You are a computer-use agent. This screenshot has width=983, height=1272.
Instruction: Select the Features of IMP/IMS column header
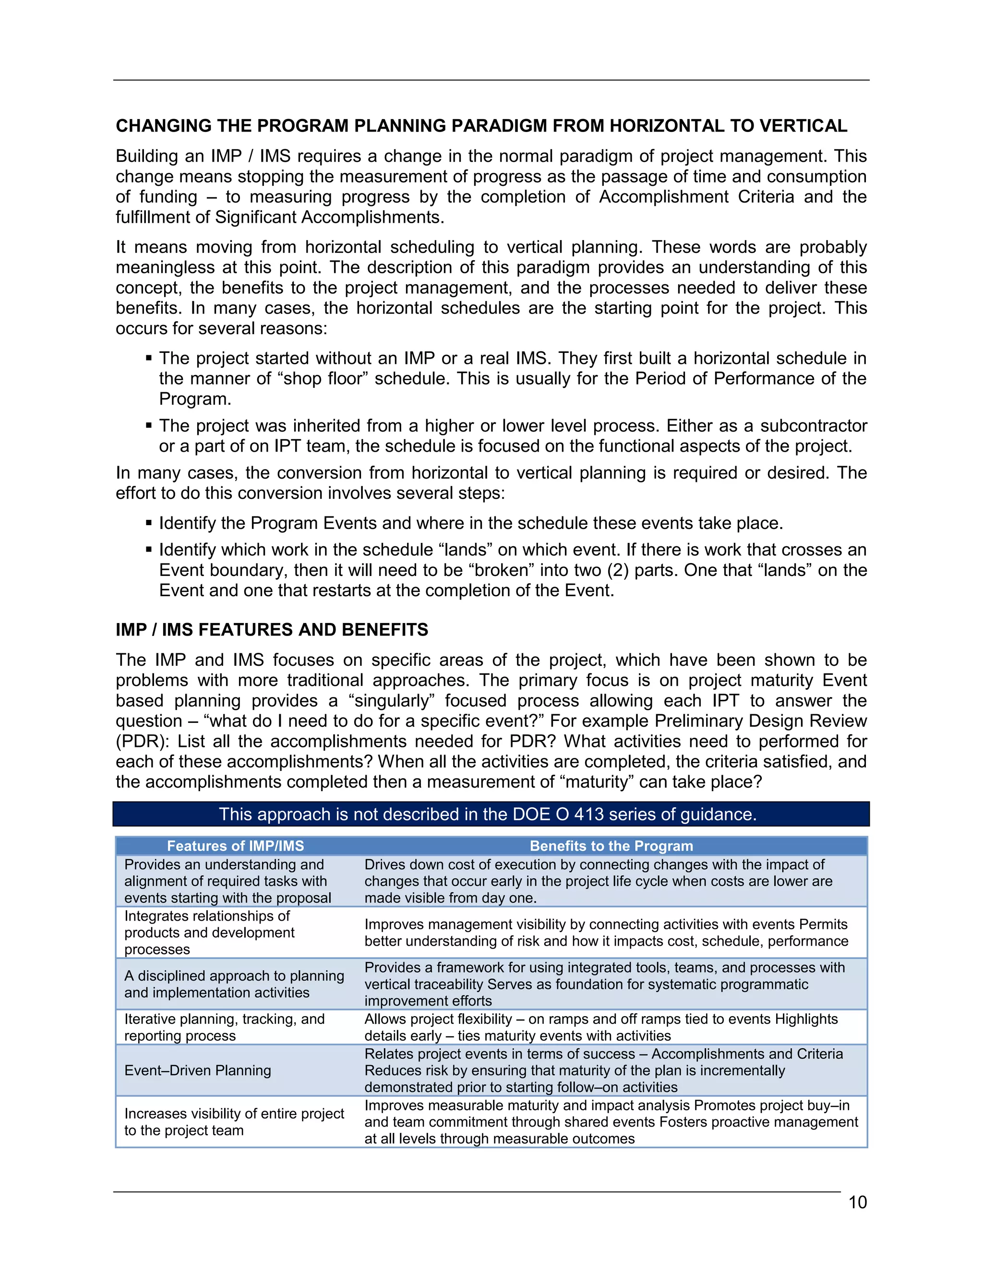coord(235,846)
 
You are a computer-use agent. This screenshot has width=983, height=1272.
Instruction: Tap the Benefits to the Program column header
coord(611,846)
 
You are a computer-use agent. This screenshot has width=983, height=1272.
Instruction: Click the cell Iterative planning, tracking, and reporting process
coord(224,1027)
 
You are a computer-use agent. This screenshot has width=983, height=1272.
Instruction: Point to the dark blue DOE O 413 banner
coord(491,814)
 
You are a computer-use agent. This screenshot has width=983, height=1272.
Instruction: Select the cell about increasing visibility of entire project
coord(234,1121)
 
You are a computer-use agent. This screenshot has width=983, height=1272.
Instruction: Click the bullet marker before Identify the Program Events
coord(149,523)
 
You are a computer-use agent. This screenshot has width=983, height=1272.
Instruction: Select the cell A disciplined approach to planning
coord(234,984)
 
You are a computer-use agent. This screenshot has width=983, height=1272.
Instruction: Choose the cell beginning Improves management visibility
coord(606,933)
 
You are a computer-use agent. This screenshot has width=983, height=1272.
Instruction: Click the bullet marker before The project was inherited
coord(149,426)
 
